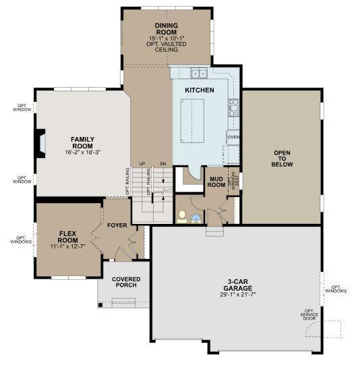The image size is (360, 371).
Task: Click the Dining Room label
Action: click(167, 29)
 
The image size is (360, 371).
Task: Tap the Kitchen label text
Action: click(200, 90)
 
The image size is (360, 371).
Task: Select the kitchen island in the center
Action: click(192, 121)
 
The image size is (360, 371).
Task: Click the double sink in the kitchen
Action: click(199, 74)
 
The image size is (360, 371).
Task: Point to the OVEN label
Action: click(233, 137)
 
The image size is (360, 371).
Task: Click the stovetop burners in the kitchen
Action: click(234, 108)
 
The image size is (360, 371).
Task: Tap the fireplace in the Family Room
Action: click(40, 144)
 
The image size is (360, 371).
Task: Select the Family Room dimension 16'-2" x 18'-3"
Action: click(83, 152)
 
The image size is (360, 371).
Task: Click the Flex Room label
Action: click(67, 237)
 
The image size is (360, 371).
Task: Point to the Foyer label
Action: click(117, 225)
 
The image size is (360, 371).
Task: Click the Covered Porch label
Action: click(126, 282)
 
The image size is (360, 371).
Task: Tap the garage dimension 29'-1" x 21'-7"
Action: click(238, 295)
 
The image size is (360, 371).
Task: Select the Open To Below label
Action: click(282, 159)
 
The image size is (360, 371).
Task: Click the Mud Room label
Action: click(216, 181)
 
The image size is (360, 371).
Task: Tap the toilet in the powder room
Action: click(182, 217)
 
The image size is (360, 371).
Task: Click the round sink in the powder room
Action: click(196, 219)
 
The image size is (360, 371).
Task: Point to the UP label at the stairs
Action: click(142, 164)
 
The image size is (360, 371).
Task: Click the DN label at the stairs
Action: click(163, 164)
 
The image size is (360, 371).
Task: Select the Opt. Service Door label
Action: click(309, 315)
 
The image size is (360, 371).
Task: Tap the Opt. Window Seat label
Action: click(233, 181)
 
